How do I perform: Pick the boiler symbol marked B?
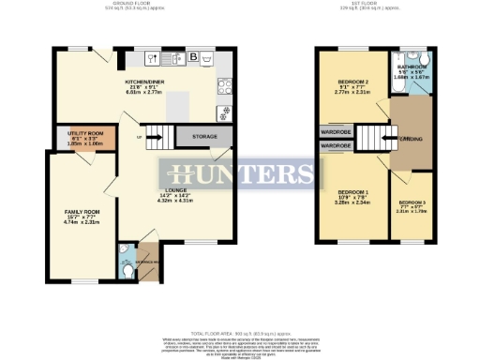pos(193,58)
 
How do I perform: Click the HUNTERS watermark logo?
pos(241,173)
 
